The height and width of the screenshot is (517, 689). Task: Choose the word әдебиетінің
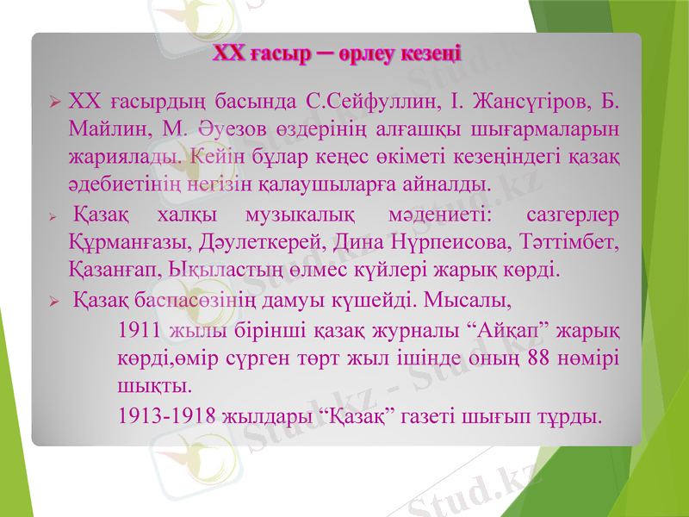coord(119,184)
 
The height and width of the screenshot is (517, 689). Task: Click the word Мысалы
coord(469,302)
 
